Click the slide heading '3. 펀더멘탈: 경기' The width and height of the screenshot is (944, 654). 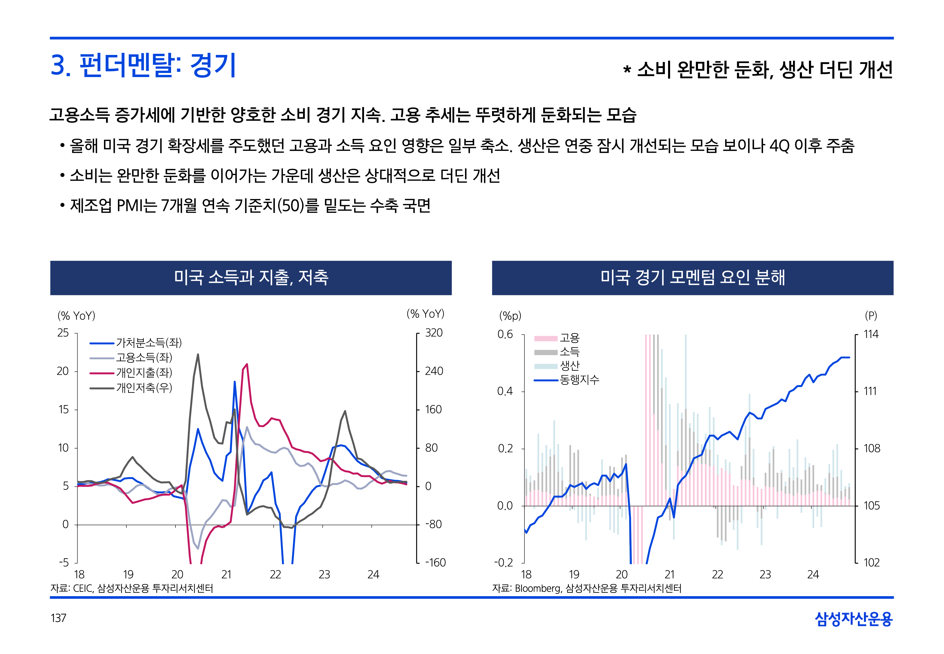point(143,66)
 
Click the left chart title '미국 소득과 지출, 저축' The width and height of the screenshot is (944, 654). point(251,277)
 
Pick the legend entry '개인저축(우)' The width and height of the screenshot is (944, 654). point(144,388)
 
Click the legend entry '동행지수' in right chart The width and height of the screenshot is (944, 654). point(579,380)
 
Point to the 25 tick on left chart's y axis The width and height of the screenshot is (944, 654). point(63,333)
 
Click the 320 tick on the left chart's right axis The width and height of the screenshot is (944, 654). point(434,333)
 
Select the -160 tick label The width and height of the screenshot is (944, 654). point(435,563)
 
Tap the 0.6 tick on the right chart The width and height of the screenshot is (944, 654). point(505,334)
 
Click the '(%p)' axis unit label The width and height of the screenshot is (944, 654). point(510,316)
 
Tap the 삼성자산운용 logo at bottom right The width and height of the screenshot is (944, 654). point(854,619)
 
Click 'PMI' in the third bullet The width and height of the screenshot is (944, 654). point(130,206)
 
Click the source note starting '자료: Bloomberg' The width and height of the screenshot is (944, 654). point(586,588)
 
